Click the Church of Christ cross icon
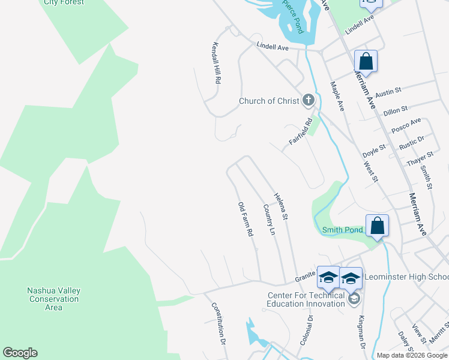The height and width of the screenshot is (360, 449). [x=308, y=100]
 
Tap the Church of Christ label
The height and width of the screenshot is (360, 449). [x=269, y=101]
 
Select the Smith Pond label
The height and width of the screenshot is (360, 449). [x=343, y=230]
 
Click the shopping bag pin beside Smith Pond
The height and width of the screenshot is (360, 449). [x=378, y=226]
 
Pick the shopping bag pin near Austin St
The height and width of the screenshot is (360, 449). [x=365, y=61]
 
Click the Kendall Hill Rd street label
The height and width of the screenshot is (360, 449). [x=217, y=63]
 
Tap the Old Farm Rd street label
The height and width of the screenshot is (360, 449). [x=244, y=220]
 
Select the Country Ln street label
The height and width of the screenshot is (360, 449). [x=270, y=220]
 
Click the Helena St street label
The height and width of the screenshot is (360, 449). [x=282, y=206]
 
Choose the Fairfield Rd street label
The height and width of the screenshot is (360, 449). [x=301, y=130]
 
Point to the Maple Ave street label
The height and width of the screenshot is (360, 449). [x=337, y=96]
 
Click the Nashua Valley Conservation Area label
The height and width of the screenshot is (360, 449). [x=54, y=299]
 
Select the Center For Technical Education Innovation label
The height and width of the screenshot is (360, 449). [x=306, y=299]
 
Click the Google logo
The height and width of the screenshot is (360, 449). [x=20, y=353]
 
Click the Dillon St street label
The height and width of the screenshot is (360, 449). [x=396, y=110]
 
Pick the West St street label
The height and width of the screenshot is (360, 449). [x=371, y=171]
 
